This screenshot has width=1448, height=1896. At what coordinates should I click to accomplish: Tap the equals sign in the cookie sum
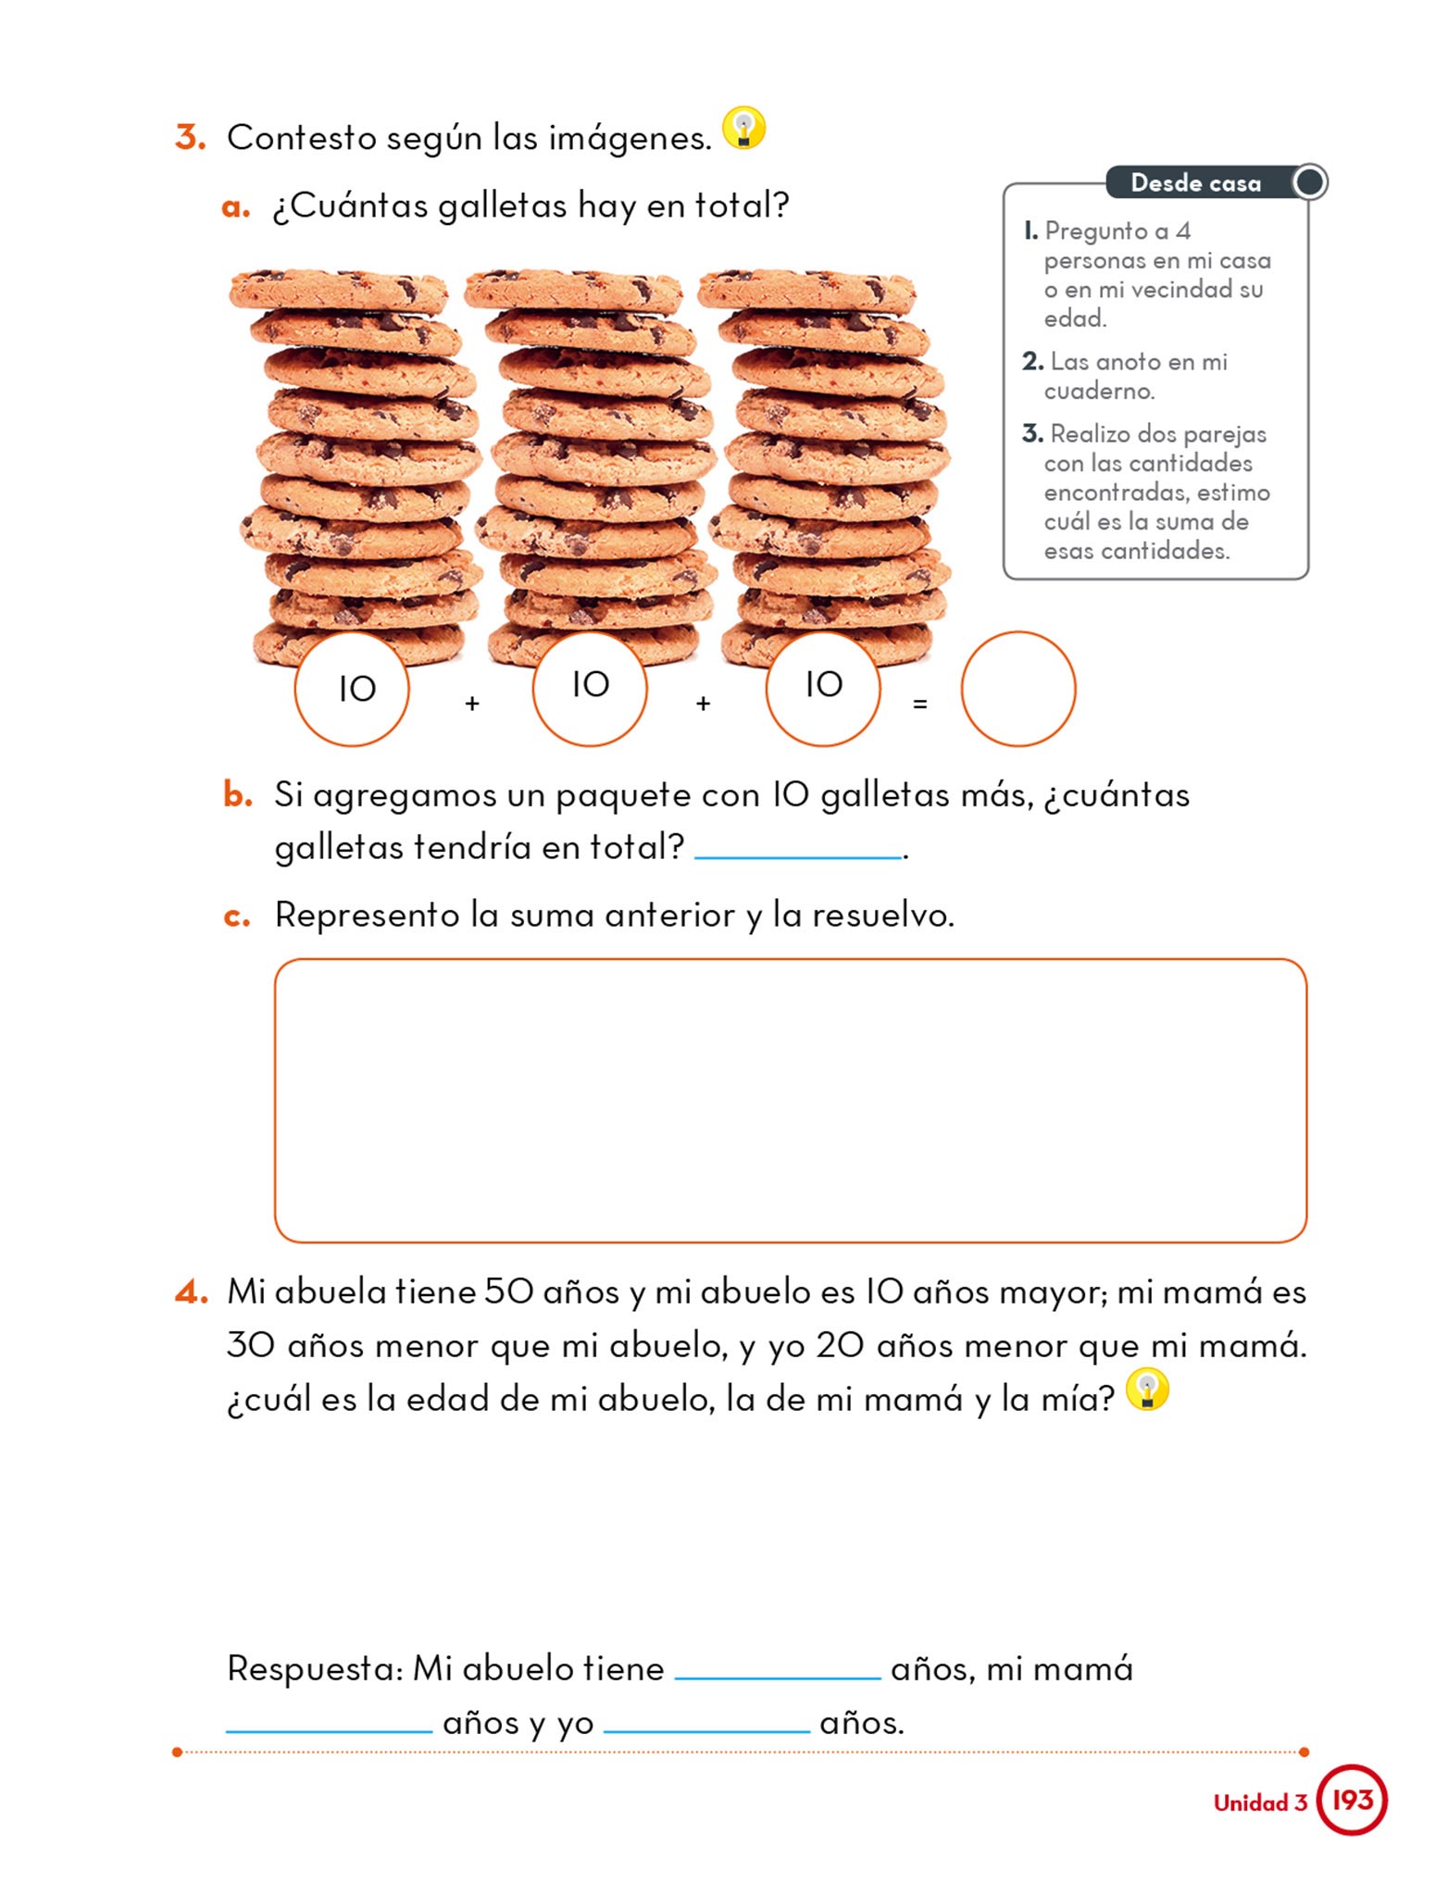click(919, 705)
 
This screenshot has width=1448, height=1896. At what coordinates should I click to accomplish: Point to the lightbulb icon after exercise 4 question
click(1147, 1390)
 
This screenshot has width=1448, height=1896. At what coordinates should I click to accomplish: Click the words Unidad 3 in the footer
click(1260, 1802)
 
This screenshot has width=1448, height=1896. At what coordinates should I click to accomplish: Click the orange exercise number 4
click(191, 1291)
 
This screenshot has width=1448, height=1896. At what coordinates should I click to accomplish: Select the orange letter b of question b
click(237, 794)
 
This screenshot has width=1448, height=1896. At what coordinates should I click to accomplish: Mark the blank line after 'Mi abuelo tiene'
click(778, 1678)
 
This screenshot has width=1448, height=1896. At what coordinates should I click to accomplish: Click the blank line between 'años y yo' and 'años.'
click(706, 1731)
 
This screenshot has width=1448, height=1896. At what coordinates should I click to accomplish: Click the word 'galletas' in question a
click(502, 206)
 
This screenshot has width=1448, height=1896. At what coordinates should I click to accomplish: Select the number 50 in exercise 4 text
click(509, 1291)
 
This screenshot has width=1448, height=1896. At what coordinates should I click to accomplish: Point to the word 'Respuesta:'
click(315, 1669)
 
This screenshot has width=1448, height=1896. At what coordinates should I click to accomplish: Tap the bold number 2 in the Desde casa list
click(1032, 361)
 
